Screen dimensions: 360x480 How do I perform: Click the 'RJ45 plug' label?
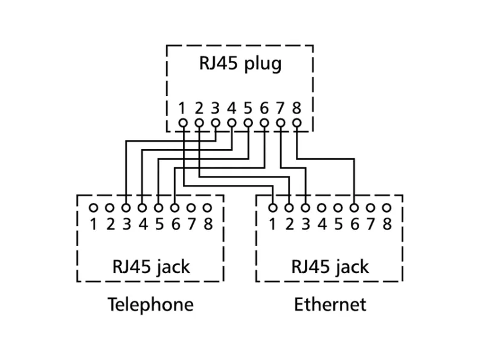coord(240,64)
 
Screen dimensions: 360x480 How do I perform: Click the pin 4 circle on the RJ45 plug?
coord(231,122)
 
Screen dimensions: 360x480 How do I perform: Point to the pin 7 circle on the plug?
coord(280,122)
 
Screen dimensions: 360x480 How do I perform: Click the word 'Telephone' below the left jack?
coord(150,304)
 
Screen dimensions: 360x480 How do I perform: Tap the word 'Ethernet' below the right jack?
coord(330,304)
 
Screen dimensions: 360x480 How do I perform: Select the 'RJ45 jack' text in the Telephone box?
coord(150,266)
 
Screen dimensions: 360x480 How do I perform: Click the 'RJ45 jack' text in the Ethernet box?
coord(330,266)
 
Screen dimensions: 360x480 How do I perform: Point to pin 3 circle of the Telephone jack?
coord(126,208)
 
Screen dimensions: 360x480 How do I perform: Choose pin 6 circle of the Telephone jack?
coord(174,208)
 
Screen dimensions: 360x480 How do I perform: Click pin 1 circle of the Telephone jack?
coord(93,208)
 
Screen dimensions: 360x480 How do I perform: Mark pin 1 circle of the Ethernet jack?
coord(273,208)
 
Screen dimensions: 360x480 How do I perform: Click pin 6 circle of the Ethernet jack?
coord(354,208)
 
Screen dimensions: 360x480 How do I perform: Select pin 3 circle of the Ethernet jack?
coord(306,208)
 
